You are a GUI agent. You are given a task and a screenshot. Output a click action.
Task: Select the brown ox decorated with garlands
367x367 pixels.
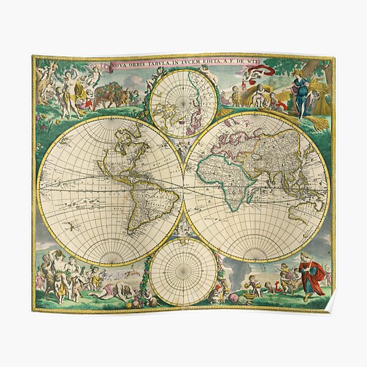tap(110, 95)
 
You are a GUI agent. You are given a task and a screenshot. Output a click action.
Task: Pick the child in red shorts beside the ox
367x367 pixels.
tap(90, 98)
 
